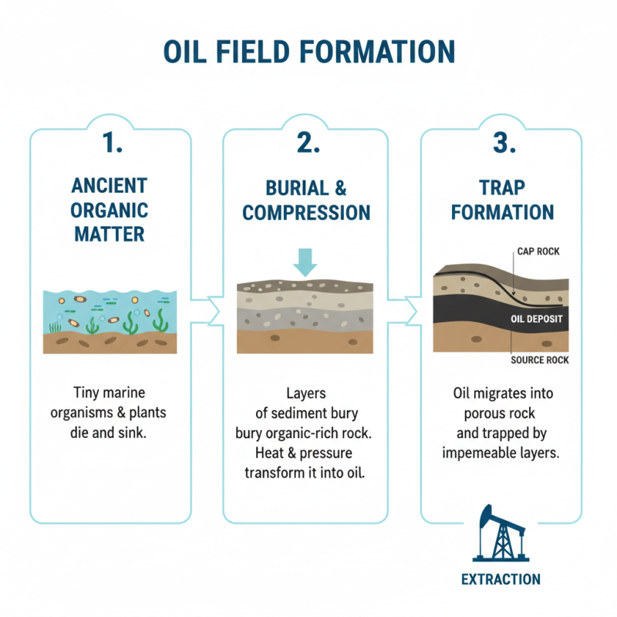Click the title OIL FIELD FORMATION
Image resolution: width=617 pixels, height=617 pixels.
[308, 52]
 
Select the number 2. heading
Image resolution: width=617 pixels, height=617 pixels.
[307, 143]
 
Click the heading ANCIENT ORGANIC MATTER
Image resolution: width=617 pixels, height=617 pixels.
[110, 210]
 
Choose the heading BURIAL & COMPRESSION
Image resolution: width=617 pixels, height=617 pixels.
[307, 200]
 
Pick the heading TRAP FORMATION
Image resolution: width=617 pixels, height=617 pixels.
[502, 200]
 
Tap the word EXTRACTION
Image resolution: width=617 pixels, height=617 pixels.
[501, 579]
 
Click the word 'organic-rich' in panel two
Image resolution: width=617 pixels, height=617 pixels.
[318, 433]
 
